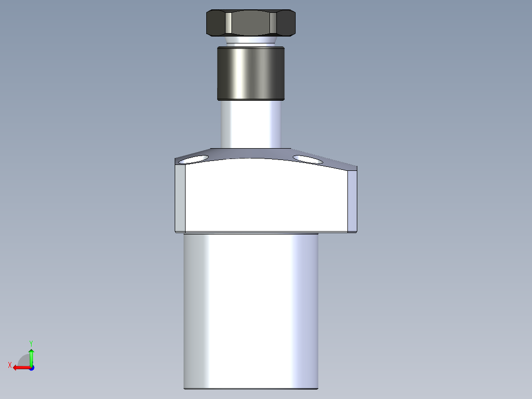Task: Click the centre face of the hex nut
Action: [251, 23]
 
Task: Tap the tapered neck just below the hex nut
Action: [251, 41]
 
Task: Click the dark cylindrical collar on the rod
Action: [251, 73]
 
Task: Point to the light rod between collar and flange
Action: [251, 123]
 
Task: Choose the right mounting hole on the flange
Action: [307, 159]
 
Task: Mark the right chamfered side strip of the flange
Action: [352, 200]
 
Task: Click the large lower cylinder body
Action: [251, 311]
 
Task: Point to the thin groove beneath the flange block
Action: [251, 233]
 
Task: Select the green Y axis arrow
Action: [31, 356]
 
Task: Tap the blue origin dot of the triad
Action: [31, 367]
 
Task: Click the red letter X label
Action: [10, 365]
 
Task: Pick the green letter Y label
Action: [31, 343]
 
